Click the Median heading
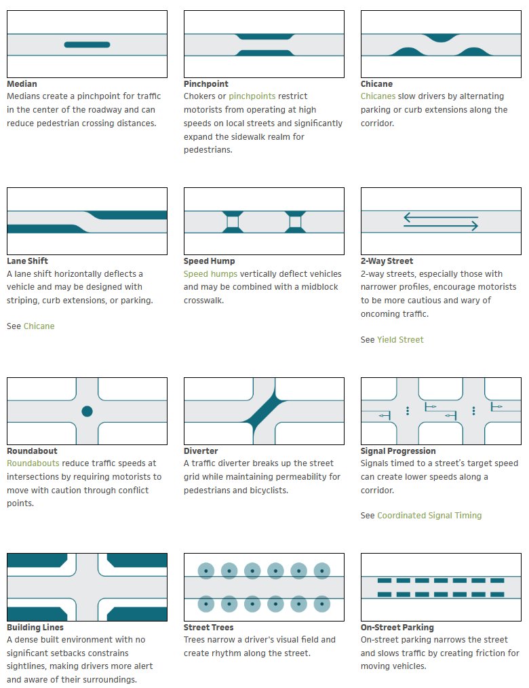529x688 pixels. click(x=22, y=84)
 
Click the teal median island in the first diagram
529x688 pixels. click(x=87, y=45)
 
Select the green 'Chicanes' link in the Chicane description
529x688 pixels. click(x=378, y=97)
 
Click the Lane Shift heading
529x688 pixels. click(x=27, y=261)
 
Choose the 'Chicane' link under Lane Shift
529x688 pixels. click(x=39, y=326)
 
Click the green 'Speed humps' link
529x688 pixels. click(x=210, y=274)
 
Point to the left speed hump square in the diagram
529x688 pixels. click(x=233, y=222)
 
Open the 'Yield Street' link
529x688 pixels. click(x=400, y=340)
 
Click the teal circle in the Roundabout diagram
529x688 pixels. click(x=87, y=411)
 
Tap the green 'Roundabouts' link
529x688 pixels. click(x=33, y=463)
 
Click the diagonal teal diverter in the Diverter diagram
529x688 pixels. click(x=264, y=411)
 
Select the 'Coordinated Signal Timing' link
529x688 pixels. click(x=429, y=516)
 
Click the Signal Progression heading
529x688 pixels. click(x=398, y=451)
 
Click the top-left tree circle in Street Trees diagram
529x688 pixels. click(x=206, y=571)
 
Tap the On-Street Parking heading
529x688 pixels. click(x=397, y=628)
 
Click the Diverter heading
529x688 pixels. click(x=202, y=451)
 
